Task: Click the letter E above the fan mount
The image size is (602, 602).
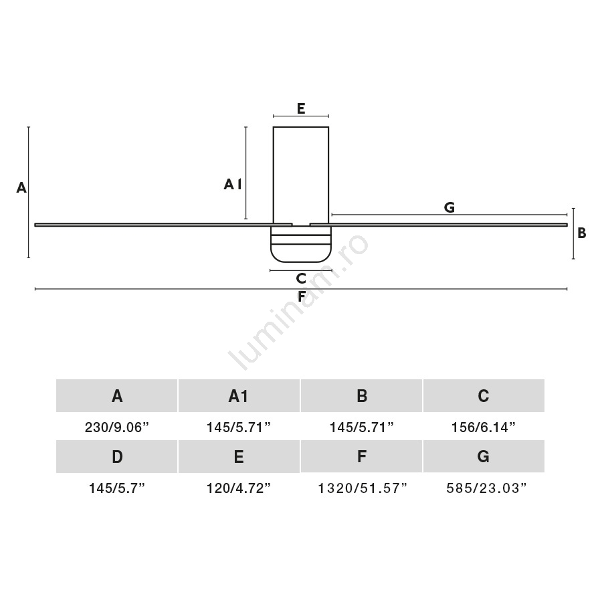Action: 301,108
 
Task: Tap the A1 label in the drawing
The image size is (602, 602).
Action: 233,185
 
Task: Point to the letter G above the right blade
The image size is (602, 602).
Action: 449,207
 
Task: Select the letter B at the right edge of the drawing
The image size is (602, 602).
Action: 582,233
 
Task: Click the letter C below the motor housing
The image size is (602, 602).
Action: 301,278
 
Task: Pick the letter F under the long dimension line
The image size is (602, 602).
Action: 302,296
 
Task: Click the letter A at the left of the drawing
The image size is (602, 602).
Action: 21,187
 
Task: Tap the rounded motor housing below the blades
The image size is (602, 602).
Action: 300,244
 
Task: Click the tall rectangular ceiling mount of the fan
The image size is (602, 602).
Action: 301,175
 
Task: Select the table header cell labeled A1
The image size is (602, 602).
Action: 239,395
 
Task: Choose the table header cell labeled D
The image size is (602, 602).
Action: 116,456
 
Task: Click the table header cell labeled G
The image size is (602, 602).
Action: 484,456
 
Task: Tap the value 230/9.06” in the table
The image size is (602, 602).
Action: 116,427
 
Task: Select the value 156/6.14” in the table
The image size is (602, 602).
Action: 484,427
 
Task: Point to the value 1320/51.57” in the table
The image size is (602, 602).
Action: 362,488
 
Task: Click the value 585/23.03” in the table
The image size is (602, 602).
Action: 486,488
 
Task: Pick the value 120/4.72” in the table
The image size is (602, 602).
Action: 239,488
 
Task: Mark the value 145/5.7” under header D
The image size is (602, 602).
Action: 116,488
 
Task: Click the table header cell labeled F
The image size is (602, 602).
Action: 361,456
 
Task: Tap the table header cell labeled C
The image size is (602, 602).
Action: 484,395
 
